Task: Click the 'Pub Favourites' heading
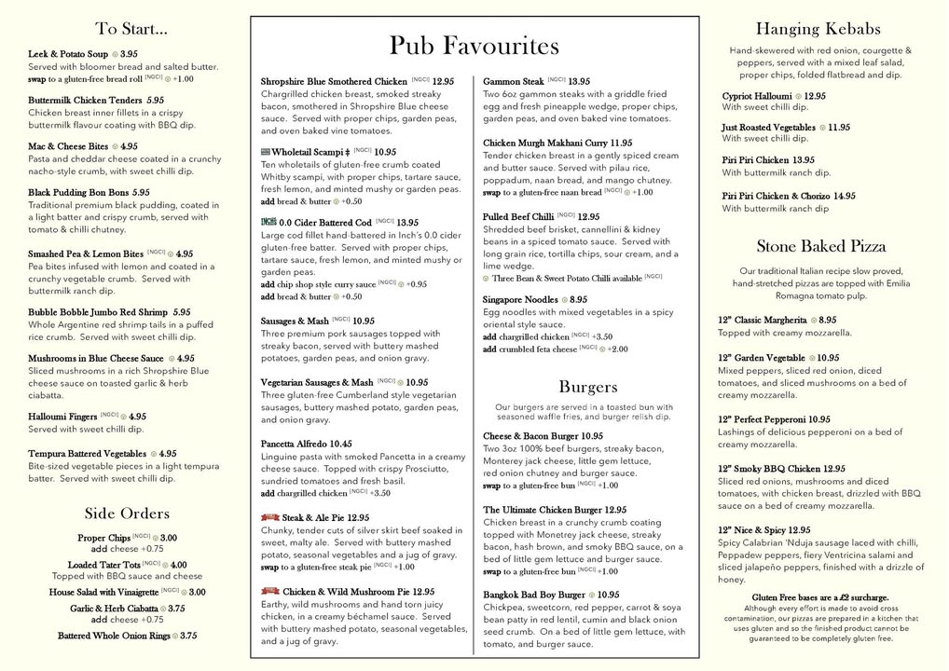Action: click(474, 46)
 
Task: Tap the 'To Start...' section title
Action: click(131, 29)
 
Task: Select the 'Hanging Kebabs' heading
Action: click(818, 29)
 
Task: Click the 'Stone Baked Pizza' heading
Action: click(820, 247)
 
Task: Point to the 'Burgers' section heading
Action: click(588, 387)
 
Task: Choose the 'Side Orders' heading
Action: click(127, 514)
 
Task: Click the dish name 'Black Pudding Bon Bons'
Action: click(78, 193)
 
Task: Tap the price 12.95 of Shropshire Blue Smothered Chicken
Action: click(443, 82)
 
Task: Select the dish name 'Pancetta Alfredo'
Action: click(294, 445)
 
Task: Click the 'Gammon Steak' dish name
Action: click(513, 82)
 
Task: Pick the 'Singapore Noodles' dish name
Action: click(519, 300)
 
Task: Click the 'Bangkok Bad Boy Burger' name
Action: click(534, 595)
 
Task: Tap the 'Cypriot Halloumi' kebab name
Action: click(757, 96)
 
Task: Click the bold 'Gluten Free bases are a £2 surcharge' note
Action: click(819, 597)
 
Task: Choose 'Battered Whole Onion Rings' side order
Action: click(114, 636)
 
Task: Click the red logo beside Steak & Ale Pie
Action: click(269, 517)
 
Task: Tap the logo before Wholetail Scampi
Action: click(266, 152)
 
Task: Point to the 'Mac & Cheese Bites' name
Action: click(68, 146)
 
